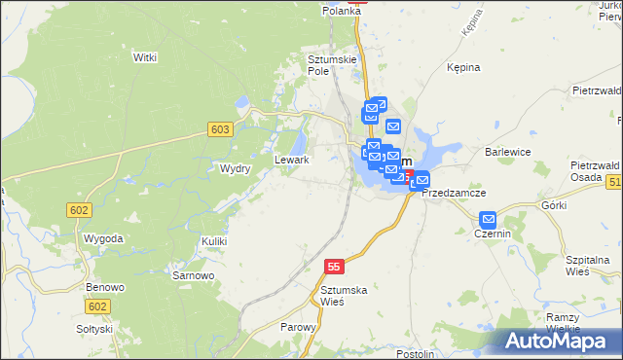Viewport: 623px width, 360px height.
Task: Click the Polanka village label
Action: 342,11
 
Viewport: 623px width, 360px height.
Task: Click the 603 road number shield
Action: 220,129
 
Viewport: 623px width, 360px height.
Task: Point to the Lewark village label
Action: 292,160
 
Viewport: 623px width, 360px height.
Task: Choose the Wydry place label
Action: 236,168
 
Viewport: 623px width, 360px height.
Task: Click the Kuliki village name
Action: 214,240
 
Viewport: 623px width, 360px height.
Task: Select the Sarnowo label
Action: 193,275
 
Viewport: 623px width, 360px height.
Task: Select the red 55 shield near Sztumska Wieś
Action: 335,266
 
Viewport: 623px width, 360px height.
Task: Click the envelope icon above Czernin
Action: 489,220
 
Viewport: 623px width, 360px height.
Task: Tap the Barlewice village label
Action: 507,152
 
